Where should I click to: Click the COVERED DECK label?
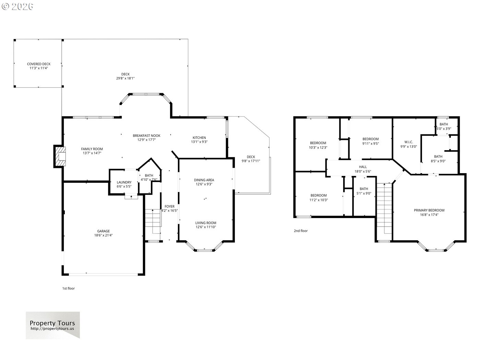[39, 64]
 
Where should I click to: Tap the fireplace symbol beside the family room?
[60, 156]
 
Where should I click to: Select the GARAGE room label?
[104, 231]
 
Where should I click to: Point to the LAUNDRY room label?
[124, 182]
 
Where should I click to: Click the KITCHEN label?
[199, 138]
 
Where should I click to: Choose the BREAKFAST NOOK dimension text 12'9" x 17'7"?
[146, 140]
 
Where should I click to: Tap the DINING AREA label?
[204, 180]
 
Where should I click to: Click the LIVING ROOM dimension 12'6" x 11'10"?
[206, 227]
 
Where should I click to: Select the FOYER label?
[169, 206]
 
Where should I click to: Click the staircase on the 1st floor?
[153, 221]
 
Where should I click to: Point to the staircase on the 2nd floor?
[384, 208]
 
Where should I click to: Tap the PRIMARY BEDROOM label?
[429, 210]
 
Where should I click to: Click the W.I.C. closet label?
[408, 142]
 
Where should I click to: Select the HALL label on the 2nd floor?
[363, 167]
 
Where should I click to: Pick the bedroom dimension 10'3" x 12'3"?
[318, 147]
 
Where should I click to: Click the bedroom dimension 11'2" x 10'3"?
[319, 200]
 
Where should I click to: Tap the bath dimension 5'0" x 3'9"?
[444, 129]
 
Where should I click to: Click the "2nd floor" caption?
[301, 231]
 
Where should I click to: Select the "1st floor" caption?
[69, 289]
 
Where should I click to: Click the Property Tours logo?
[53, 325]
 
